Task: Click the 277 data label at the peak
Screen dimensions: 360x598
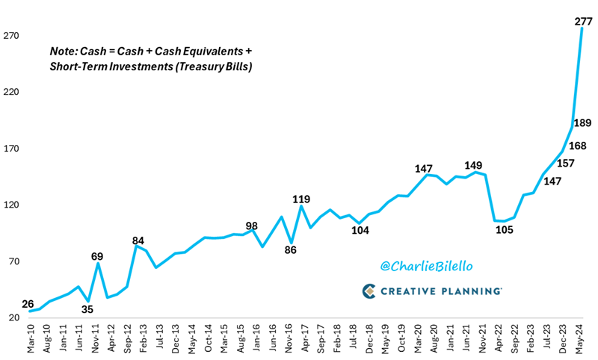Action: point(583,22)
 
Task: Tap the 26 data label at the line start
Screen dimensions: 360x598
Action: point(28,304)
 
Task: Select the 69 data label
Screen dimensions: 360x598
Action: point(97,256)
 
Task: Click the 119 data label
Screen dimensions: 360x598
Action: point(301,199)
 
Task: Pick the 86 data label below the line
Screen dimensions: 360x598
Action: point(291,250)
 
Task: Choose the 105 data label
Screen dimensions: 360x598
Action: point(503,229)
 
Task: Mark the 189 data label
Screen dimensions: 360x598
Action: point(582,123)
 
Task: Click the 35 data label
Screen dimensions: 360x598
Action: point(87,308)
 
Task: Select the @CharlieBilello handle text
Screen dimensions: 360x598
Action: point(428,266)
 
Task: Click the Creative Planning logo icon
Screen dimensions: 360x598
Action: point(369,291)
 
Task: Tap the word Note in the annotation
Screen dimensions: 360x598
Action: point(63,51)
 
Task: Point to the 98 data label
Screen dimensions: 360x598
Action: point(252,226)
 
